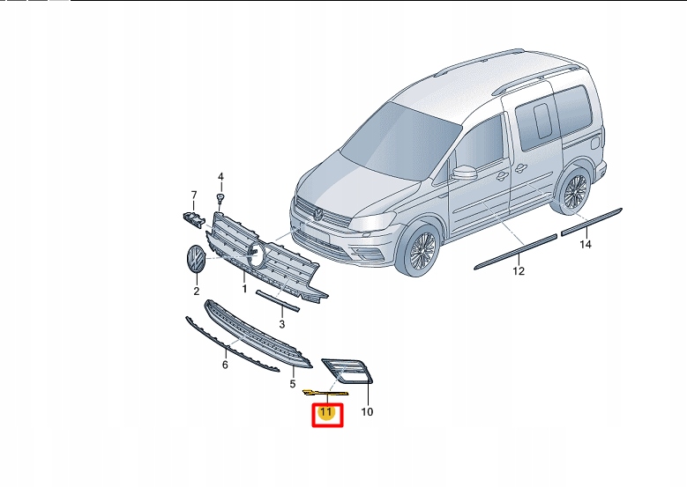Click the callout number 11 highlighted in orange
point(325,412)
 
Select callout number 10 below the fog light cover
point(368,411)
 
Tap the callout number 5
point(293,384)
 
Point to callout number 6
point(225,364)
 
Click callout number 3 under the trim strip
point(281,324)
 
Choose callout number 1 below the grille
point(244,288)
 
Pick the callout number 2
point(197,289)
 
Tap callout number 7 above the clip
point(194,195)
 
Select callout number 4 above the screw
point(221,176)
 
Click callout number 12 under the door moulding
point(519,271)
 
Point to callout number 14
point(585,245)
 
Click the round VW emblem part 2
point(193,261)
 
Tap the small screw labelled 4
point(221,197)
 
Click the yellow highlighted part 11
point(323,393)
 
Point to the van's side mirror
point(464,171)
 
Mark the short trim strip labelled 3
point(278,301)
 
